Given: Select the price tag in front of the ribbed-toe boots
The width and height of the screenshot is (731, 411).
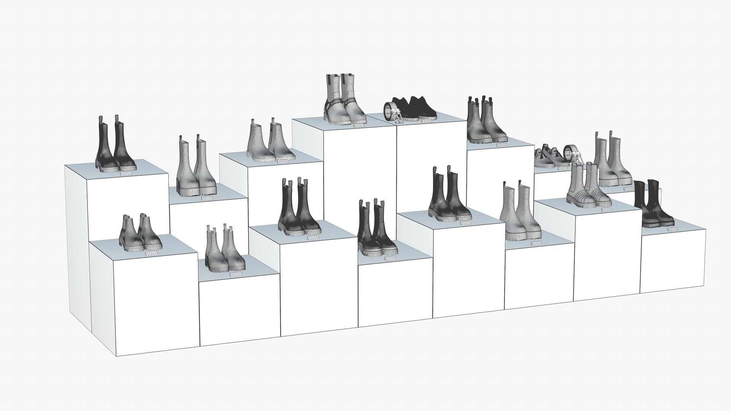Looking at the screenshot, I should click(604, 210).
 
